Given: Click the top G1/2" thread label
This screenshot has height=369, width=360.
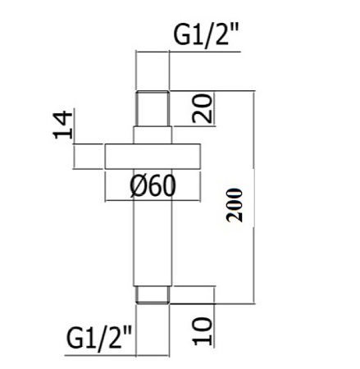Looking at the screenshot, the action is [207, 34].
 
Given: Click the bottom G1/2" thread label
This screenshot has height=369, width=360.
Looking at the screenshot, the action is [99, 337].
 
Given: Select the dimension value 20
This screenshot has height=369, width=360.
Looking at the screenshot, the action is [203, 108].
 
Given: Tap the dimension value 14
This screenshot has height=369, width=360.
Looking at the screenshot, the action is [63, 125].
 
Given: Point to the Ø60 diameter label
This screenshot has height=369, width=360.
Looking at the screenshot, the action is [153, 185].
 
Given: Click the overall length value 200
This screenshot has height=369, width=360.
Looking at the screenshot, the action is [235, 205].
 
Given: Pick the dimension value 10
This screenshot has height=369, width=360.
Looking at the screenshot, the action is [203, 330].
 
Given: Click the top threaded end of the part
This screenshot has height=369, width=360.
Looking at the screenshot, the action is [153, 108].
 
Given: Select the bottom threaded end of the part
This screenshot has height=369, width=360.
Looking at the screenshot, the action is [153, 295].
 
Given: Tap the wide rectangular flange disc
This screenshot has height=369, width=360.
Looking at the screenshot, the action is [153, 157].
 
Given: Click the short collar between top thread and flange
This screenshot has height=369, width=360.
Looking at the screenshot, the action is [153, 135].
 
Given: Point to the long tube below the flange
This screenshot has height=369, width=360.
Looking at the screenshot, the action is [153, 227].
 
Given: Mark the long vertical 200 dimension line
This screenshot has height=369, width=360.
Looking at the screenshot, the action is [254, 197].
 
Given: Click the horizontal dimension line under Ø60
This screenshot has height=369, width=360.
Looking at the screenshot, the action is [153, 201].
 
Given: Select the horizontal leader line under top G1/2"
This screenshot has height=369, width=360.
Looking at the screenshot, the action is [188, 52].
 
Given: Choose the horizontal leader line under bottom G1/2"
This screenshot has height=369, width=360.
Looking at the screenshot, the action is [117, 356].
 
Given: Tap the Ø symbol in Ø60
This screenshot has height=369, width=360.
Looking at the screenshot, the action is [136, 186].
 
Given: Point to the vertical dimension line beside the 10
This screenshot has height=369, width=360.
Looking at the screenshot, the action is [215, 317].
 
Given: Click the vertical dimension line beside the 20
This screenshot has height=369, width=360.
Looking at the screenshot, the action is [214, 108].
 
